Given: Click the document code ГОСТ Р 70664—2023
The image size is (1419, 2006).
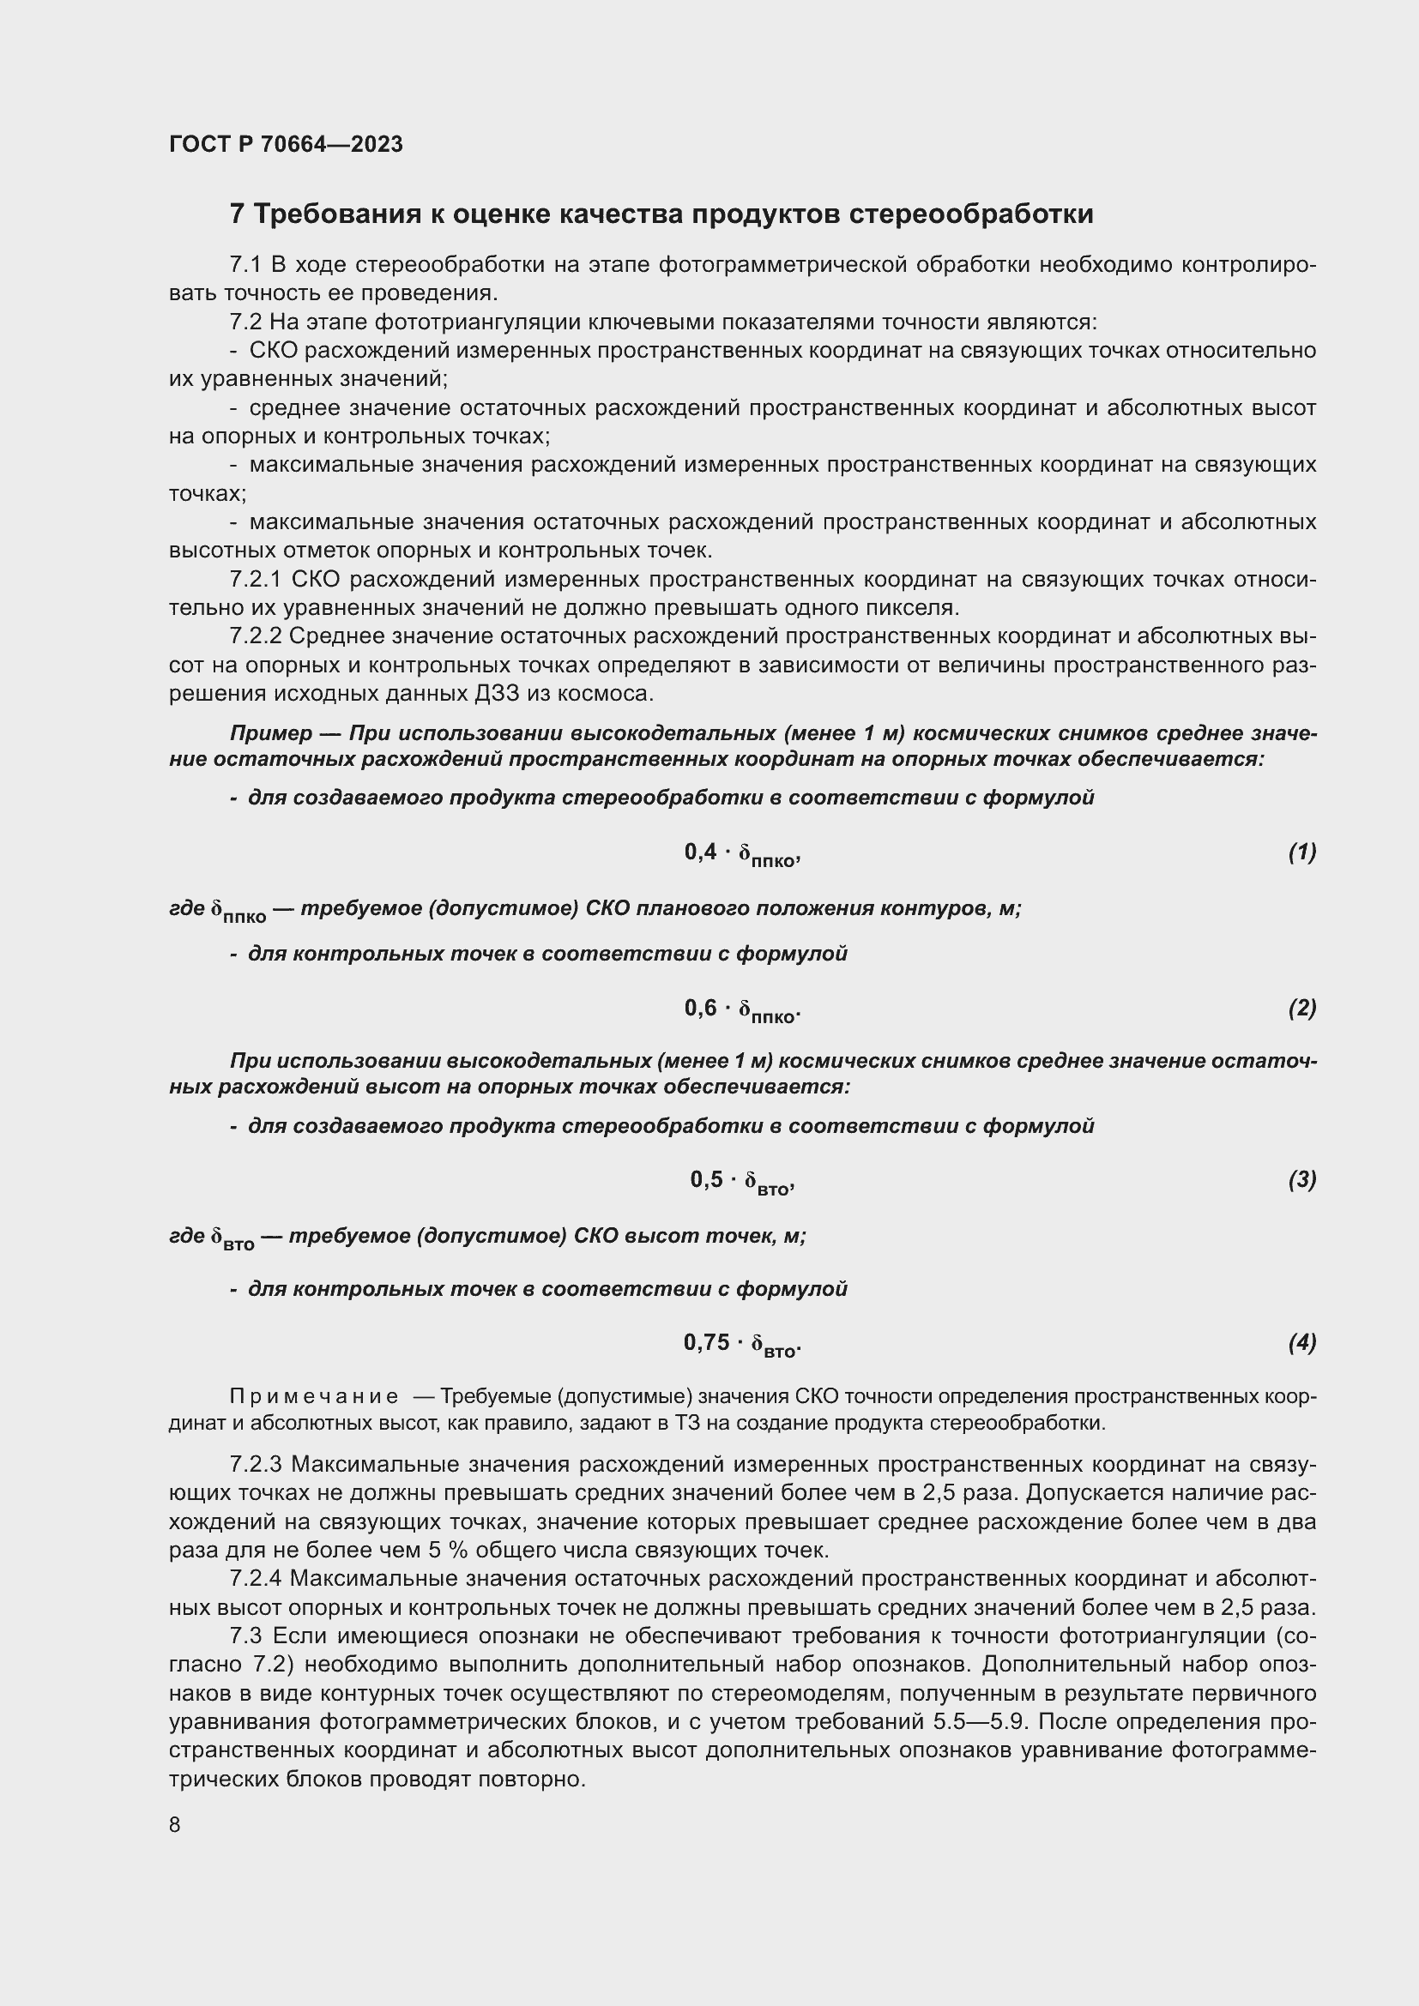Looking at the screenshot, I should coord(286,144).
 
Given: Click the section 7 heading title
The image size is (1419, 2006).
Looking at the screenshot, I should coord(661,214).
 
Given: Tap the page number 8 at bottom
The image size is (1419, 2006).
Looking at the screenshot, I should coord(175,1824).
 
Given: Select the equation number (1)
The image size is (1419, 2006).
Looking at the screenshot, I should coord(1301,852).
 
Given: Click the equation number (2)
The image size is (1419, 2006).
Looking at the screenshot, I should coord(1301,1009).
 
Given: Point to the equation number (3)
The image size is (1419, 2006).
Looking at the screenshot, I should coord(1301,1179).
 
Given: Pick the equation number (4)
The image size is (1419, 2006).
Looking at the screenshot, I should coord(1301,1342).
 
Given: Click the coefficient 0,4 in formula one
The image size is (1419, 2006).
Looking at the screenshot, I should coord(701,852).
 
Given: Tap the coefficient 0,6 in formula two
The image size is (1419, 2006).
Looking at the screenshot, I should coord(701,1009).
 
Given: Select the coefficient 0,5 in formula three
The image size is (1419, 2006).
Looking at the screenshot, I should coord(707,1179).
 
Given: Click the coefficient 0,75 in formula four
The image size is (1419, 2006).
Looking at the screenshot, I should coord(706,1342).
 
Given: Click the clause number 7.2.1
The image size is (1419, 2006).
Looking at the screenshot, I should coord(255,580).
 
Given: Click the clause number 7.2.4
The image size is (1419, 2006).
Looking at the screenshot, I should coord(255,1579).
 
